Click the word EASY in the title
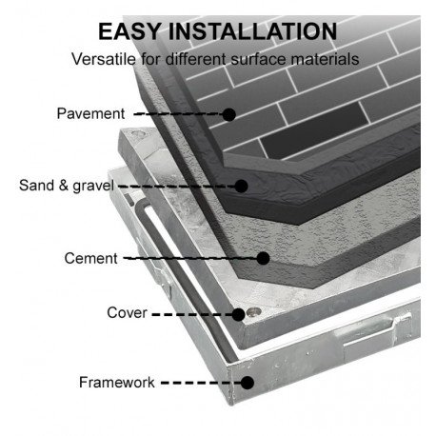click(129, 31)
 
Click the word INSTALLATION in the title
click(252, 31)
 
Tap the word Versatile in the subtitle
click(104, 59)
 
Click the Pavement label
click(90, 113)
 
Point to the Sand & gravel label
click(67, 186)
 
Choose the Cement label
click(90, 258)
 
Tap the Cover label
click(127, 312)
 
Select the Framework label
click(117, 382)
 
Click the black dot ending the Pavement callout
click(228, 114)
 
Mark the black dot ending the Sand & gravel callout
click(241, 187)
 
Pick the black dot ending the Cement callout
click(263, 258)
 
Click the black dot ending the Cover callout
click(238, 315)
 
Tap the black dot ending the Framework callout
click(248, 383)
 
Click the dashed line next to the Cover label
click(192, 315)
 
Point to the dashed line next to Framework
click(201, 383)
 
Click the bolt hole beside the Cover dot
click(254, 312)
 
